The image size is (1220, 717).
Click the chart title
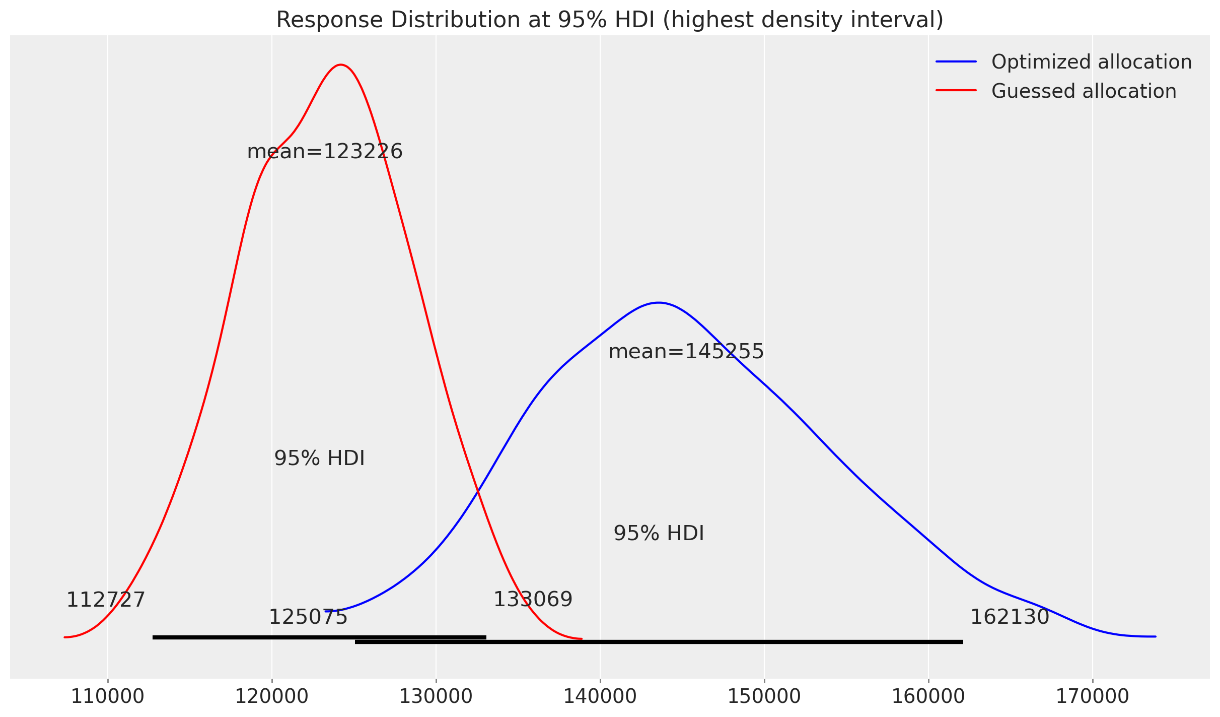pos(610,20)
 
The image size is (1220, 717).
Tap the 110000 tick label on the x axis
pos(107,696)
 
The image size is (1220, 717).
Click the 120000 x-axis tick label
pos(272,696)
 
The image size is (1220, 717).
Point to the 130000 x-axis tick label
pos(436,696)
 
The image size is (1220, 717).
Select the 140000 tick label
pos(600,696)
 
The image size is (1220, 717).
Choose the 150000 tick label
pos(764,696)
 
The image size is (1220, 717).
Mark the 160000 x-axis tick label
pos(928,696)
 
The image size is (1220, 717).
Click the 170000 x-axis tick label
pos(1092,696)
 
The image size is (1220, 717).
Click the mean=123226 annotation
pos(325,152)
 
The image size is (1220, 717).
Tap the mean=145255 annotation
pos(686,352)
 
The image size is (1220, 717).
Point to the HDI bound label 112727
pos(106,600)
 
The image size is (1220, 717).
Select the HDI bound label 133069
pos(533,600)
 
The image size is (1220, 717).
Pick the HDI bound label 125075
pos(308,617)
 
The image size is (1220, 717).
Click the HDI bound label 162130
pos(1010,617)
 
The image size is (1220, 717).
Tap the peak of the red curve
pos(341,64)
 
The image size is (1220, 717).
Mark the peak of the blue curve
pos(659,303)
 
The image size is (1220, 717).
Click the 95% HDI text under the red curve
pos(319,459)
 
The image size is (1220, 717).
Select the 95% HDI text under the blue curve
pos(659,534)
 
